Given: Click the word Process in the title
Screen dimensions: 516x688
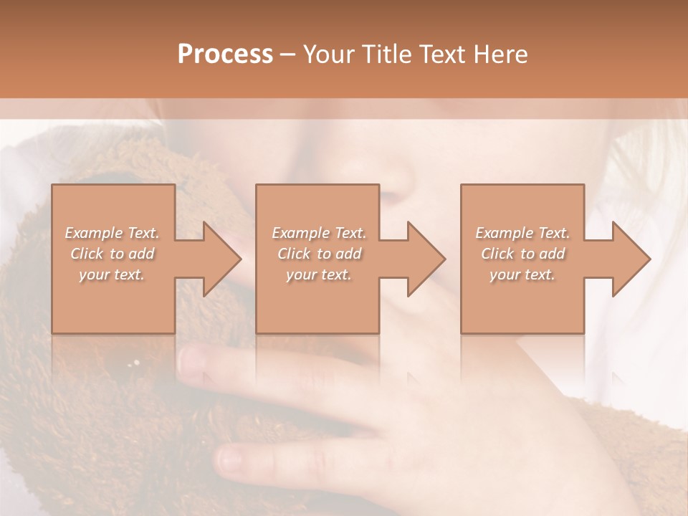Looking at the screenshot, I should (225, 54).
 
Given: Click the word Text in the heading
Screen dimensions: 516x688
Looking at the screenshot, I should (444, 54).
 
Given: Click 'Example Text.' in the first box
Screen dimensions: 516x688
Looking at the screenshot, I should (113, 233).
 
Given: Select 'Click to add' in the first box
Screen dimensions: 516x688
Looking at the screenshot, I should (113, 254).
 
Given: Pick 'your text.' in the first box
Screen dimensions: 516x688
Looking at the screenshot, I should (113, 274).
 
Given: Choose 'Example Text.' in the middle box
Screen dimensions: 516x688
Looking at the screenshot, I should (318, 233).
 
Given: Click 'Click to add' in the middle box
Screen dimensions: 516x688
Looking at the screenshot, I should (318, 254).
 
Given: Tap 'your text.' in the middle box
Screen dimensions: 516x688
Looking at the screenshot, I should (318, 274).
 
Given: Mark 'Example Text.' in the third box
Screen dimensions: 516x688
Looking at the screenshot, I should (522, 233).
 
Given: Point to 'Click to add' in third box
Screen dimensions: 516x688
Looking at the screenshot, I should (522, 254).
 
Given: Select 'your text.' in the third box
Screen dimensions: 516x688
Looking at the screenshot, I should (522, 274).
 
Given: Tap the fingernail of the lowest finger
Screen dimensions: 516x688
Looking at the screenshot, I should (233, 457).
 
